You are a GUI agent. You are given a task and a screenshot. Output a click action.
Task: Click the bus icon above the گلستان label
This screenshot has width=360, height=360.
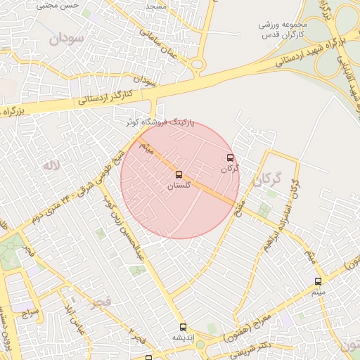click(179, 174)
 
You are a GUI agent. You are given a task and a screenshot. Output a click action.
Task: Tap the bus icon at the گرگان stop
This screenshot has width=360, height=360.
click(230, 158)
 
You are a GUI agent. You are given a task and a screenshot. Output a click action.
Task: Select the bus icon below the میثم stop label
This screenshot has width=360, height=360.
click(318, 281)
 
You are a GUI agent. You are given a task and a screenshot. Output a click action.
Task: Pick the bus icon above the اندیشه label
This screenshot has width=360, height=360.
click(184, 327)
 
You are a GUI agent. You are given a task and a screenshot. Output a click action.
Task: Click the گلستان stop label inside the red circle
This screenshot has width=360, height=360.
click(179, 186)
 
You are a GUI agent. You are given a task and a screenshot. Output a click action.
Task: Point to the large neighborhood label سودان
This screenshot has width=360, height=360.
click(67, 39)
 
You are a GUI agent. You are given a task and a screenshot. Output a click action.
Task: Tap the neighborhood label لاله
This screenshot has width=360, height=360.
click(50, 166)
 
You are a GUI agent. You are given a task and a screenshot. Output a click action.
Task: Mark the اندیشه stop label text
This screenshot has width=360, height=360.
click(184, 337)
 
